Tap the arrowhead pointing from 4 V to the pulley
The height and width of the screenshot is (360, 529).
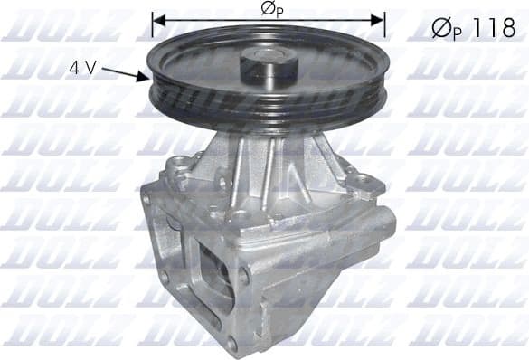point(144,78)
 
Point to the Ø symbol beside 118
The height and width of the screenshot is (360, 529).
point(439,28)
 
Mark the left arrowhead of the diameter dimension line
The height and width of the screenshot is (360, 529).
point(157,18)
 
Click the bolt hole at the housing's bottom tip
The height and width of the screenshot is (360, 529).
point(231,344)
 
